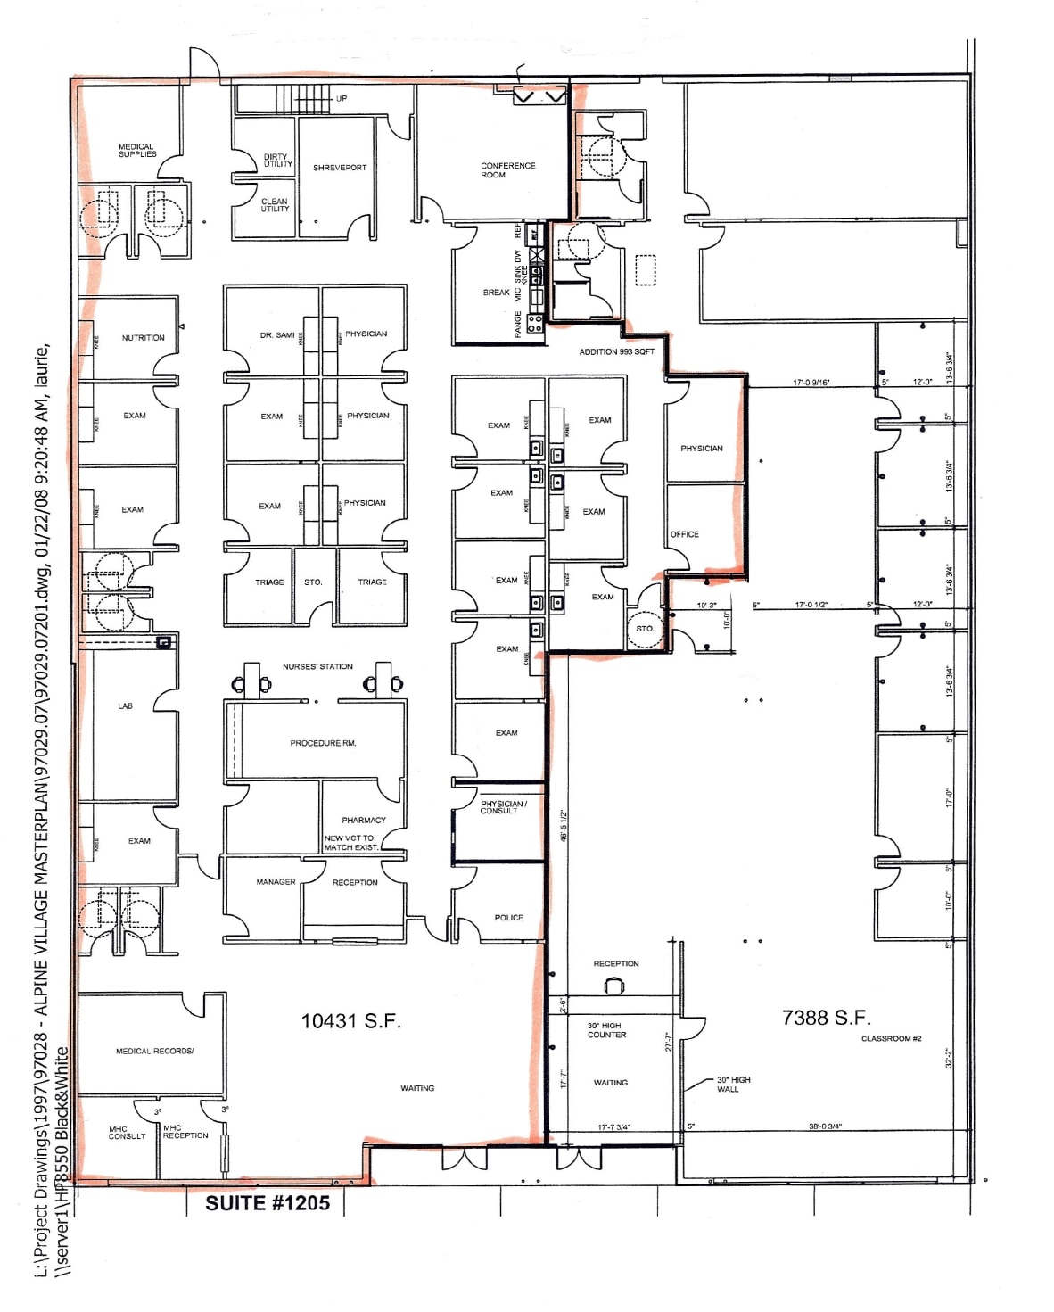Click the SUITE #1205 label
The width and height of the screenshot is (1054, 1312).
tap(268, 1203)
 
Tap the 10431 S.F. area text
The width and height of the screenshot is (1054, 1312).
tap(350, 1021)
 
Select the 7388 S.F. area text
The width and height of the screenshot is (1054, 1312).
tap(826, 1018)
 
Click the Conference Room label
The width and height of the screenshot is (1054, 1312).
tap(508, 170)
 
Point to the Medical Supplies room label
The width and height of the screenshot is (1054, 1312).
tap(137, 151)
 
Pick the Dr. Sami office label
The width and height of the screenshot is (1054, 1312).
tap(277, 335)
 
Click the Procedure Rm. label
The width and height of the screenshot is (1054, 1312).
tap(323, 743)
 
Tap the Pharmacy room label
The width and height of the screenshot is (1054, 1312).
tap(364, 820)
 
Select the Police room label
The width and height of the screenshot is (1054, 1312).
tap(509, 918)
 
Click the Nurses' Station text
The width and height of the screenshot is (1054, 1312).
tap(317, 667)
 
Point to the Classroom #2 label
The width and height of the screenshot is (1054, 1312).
tap(891, 1039)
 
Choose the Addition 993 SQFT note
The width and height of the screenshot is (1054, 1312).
tap(616, 352)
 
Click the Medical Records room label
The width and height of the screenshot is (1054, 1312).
tap(154, 1052)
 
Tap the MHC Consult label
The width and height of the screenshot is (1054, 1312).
tap(127, 1133)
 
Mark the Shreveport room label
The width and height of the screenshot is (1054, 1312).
tap(340, 168)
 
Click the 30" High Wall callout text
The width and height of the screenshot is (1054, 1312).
tap(733, 1085)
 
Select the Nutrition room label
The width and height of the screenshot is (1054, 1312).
tap(143, 338)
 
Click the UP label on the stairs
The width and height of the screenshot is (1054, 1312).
tap(342, 99)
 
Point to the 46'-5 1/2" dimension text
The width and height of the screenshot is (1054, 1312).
tap(564, 826)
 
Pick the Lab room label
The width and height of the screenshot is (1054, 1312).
tap(125, 706)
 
